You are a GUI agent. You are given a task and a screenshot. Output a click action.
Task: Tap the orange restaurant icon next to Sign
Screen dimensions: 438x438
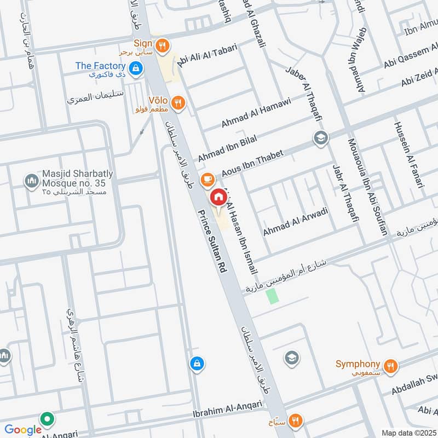[x=162, y=47]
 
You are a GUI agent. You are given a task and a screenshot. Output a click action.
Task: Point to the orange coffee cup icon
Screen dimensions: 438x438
[x=207, y=178]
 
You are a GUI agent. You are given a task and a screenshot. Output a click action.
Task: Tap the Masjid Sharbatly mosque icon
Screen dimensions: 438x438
[x=31, y=180]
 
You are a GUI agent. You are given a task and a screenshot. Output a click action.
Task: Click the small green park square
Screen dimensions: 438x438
[x=272, y=296]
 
